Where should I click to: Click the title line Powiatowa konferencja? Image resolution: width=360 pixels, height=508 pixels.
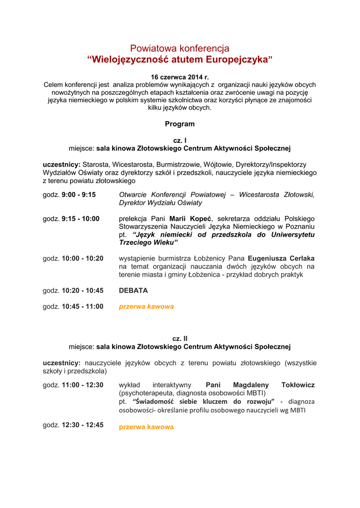pos(180,48)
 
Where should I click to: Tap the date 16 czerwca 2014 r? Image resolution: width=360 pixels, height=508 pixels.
pos(180,77)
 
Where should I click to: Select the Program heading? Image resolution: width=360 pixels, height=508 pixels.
pos(180,124)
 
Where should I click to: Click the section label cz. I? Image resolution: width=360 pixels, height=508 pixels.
pos(180,140)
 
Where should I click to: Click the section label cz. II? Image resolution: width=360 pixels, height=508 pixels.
pos(180,338)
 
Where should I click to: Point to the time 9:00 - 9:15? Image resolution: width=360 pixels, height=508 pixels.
pos(78,195)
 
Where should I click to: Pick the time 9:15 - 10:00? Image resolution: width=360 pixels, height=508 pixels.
pos(80,219)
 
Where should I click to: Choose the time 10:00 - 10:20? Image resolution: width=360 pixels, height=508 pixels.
pos(82,258)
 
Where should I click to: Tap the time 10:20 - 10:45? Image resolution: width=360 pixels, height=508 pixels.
pos(82,291)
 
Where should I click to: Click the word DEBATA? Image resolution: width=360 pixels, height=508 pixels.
pos(133,291)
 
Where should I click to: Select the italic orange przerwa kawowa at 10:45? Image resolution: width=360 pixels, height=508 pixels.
pos(146,307)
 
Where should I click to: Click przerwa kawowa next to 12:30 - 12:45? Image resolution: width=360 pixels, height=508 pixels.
pos(146,427)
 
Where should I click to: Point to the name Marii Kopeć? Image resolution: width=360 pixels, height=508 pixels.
pos(191,219)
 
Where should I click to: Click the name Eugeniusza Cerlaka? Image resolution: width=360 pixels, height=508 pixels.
pos(281,258)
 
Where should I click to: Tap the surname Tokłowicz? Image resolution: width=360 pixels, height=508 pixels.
pos(298,385)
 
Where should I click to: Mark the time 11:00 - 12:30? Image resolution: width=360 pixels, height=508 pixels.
pos(82,385)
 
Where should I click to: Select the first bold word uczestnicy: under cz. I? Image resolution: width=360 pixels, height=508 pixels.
pos(62,164)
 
